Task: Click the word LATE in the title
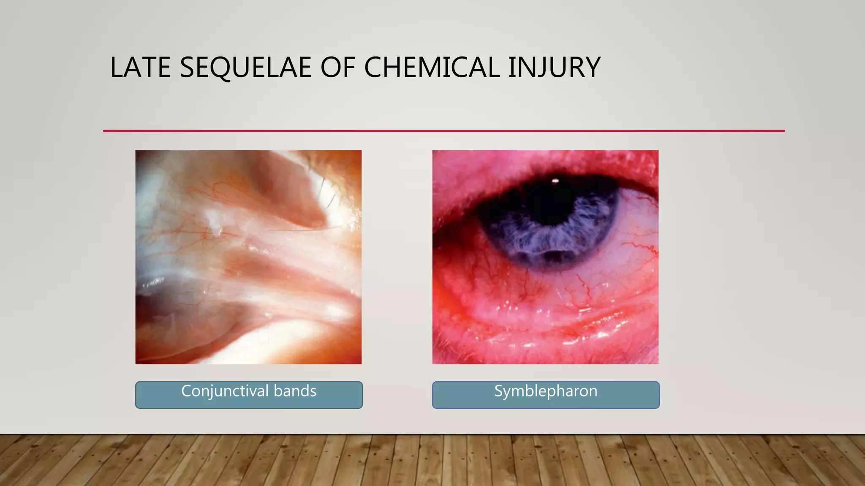(x=140, y=67)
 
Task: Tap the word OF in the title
(x=337, y=67)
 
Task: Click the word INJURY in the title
(x=554, y=67)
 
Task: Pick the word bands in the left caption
(x=295, y=391)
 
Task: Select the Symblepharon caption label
(x=546, y=391)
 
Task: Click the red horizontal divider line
(x=443, y=131)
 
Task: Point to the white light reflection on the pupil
(x=555, y=181)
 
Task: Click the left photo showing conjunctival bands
(x=248, y=257)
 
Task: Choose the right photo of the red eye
(x=545, y=295)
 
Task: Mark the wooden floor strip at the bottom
(x=432, y=461)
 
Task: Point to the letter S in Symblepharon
(x=499, y=391)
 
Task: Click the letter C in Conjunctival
(x=186, y=391)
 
